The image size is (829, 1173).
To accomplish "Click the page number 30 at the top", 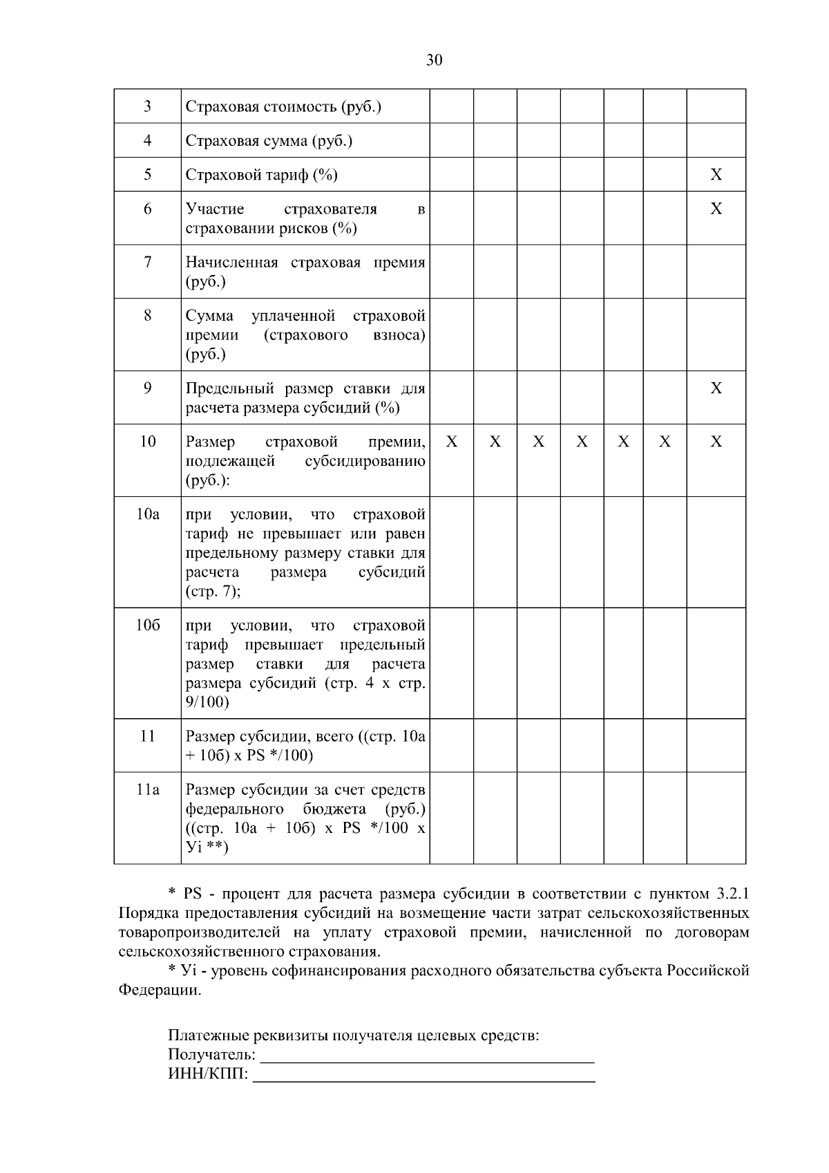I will [434, 60].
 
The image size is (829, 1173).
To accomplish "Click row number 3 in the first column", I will [147, 106].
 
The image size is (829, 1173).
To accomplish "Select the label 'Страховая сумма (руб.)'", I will [269, 141].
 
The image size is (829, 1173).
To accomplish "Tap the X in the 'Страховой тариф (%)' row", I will [716, 175].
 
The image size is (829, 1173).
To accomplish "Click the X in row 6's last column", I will [716, 209].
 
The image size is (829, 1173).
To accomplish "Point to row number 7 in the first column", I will [147, 262].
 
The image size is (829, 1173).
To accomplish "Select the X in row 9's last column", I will [716, 388].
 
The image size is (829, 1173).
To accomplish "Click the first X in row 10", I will [451, 442].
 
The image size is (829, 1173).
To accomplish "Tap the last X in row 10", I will [716, 442].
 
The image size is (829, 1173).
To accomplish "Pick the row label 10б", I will [147, 626].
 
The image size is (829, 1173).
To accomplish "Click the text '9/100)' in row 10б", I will [207, 702].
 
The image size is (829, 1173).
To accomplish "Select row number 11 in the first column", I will [147, 736].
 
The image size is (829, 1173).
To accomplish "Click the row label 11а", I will [147, 789].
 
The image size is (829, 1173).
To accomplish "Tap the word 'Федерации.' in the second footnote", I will [160, 990].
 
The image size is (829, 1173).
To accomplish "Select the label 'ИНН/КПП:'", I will [208, 1075].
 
